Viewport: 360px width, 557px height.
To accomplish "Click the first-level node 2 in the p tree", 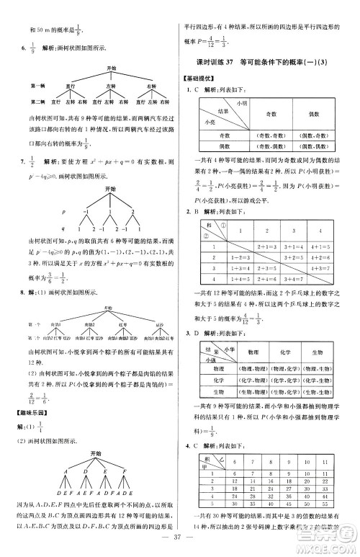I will click(132, 213).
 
